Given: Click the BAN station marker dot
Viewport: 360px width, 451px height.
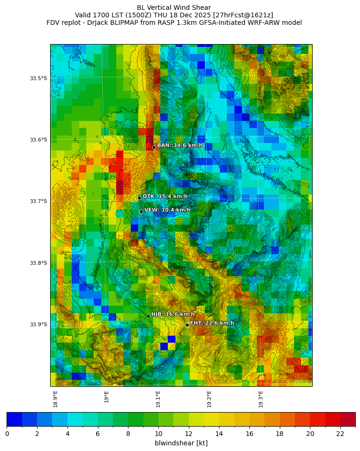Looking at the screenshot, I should coord(154,147).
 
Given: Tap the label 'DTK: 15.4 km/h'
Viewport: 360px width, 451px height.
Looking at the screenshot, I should coord(165,196).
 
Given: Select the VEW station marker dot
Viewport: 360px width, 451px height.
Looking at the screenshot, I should coord(141,211).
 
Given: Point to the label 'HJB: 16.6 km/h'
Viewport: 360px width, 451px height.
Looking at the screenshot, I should coord(172,314).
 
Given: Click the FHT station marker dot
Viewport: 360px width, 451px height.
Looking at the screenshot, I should coord(187,325).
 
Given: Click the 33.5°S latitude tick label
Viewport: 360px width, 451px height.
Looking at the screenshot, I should coord(38,78).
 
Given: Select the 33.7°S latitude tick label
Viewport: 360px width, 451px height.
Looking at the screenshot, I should coord(38,201).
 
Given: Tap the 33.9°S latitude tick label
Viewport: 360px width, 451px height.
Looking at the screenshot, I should coord(38,324).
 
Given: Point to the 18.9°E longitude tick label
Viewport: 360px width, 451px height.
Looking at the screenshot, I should coord(56,399).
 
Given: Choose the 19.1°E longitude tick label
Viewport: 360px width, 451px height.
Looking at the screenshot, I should coord(158,399).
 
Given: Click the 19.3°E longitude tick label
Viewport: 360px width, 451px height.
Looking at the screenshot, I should coord(261,399).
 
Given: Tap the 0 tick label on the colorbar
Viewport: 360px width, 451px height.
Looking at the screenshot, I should coord(7,434).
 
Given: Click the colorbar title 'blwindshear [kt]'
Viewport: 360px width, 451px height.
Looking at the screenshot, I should coord(181,443).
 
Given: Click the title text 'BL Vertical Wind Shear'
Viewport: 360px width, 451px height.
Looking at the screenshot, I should coord(174,8).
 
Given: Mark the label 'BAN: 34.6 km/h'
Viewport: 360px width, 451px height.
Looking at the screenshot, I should coord(180,145).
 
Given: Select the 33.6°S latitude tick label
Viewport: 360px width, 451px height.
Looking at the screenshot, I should coord(38,140).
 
